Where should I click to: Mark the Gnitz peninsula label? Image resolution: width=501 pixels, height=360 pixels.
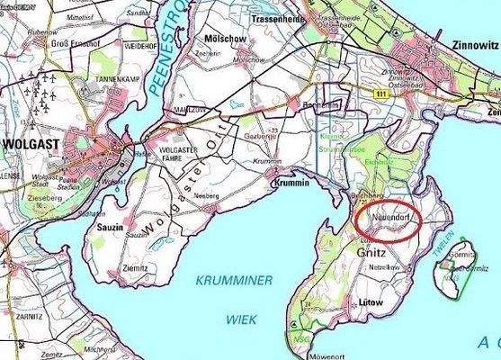click(373, 256)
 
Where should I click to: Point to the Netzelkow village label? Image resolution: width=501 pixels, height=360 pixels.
click(382, 268)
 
